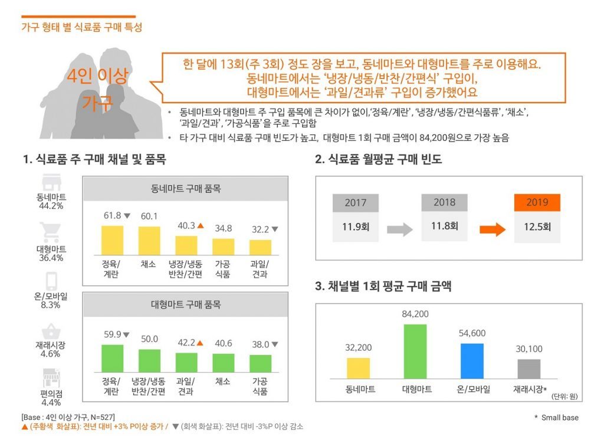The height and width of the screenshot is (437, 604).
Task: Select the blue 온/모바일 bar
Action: [472, 360]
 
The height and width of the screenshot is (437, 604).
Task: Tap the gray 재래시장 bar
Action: [529, 369]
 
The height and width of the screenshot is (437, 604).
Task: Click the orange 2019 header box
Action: [537, 202]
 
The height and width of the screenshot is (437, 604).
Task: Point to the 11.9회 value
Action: [356, 226]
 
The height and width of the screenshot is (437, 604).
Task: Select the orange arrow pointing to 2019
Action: [492, 229]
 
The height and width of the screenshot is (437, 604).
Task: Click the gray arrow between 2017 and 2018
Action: [399, 229]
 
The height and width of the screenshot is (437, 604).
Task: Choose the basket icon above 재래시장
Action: [50, 331]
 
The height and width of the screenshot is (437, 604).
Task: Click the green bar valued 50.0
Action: [149, 360]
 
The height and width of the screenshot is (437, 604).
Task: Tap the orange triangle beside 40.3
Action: [201, 225]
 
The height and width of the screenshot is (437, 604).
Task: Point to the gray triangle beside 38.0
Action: [275, 344]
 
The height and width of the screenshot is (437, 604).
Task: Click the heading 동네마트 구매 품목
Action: [185, 189]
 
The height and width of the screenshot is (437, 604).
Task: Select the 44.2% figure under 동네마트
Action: [51, 206]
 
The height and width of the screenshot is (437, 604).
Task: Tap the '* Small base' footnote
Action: [557, 418]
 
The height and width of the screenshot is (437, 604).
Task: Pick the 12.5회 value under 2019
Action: [537, 226]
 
